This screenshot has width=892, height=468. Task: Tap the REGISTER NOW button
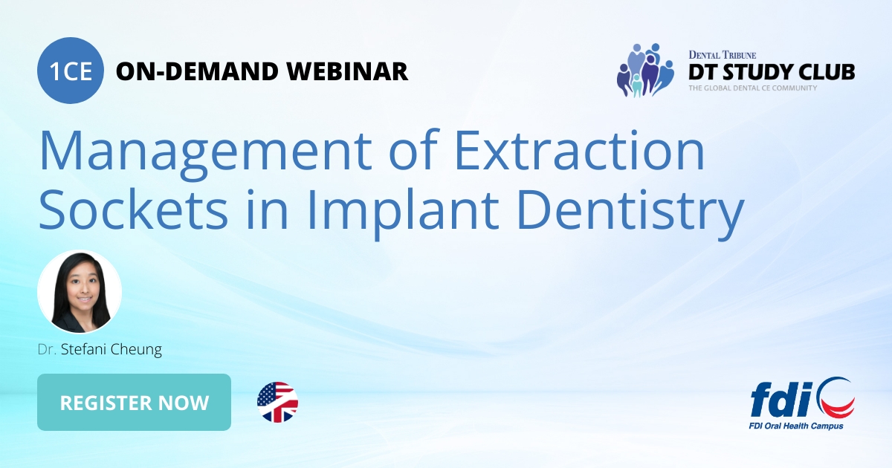pos(134,403)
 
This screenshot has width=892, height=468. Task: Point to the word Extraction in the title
pos(578,149)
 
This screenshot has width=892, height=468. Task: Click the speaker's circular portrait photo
pos(80,292)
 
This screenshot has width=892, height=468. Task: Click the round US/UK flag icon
pos(277,403)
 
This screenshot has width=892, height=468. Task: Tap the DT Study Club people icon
pos(644,71)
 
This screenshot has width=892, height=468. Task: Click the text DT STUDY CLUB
pos(771,71)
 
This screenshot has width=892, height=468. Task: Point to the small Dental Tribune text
pos(723,54)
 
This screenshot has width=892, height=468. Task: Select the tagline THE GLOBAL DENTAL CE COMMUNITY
pos(752,88)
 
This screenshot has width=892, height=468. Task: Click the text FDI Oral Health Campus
pos(795,426)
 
